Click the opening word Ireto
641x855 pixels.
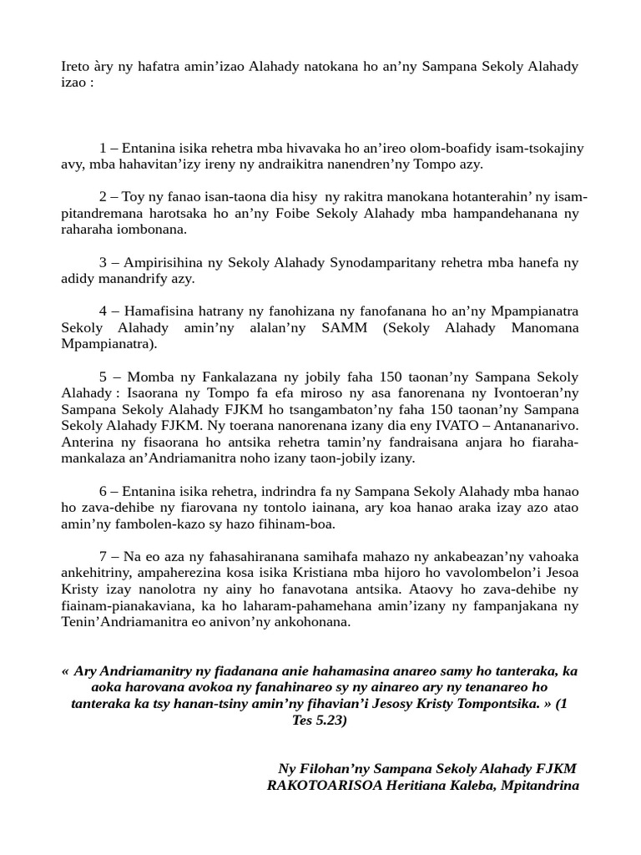(77, 66)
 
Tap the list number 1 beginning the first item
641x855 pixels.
(103, 149)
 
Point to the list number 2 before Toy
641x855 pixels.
(103, 197)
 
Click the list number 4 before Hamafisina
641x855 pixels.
(103, 311)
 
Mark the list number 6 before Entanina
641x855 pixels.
(103, 491)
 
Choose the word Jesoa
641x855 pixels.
(558, 573)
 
